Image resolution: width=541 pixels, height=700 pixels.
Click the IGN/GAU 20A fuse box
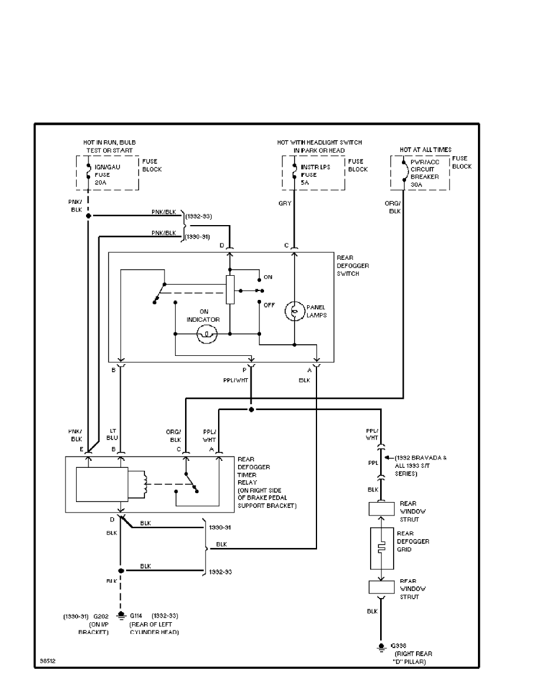coord(108,173)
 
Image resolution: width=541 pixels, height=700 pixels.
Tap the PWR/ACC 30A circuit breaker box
coord(420,173)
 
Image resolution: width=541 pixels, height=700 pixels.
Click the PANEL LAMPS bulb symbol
coord(293,311)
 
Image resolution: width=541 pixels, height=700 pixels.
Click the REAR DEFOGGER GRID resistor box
coord(381,549)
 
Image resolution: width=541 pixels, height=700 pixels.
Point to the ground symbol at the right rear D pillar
coord(381,646)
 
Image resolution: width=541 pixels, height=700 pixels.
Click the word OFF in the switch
coord(269,305)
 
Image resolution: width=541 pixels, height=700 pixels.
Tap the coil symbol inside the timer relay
coord(140,483)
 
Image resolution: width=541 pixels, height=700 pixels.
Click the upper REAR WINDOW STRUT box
coord(381,509)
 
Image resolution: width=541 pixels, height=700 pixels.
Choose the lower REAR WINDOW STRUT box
coord(381,587)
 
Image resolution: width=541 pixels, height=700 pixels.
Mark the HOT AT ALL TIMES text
coord(425,150)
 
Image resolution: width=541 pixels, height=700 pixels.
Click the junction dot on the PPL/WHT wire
coord(251,409)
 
